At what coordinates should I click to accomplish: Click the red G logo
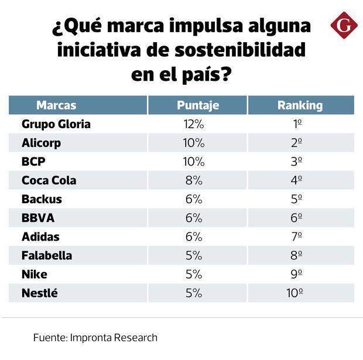344,26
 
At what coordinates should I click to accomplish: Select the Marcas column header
56,105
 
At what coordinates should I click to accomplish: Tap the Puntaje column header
198,105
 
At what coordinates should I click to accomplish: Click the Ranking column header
300,105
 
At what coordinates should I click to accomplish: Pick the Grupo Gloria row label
56,124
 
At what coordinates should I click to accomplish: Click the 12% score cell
193,124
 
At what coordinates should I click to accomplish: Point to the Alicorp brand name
41,143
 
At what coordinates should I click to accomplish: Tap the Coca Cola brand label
49,180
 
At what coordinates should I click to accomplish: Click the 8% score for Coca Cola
193,180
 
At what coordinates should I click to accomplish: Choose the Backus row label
42,199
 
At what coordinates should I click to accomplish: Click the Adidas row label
40,236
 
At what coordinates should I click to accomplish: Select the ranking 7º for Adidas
297,236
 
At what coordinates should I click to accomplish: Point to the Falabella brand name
47,255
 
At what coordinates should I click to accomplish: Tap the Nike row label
34,274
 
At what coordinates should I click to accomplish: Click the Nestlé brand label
40,293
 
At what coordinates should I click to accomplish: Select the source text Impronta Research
114,338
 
